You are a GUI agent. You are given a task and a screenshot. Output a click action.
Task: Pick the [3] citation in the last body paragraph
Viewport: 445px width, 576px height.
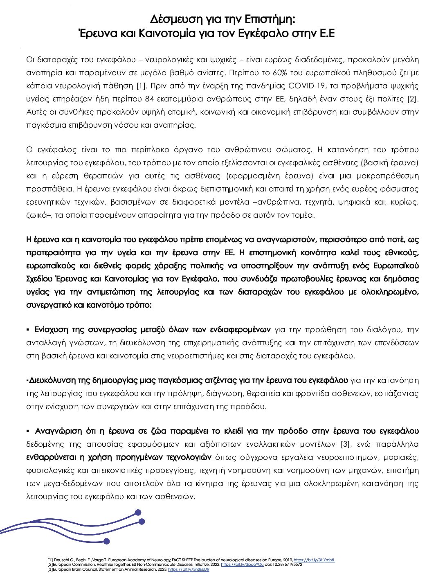[346, 444]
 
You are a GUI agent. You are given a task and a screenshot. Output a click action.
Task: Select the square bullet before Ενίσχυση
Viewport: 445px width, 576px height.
[28, 329]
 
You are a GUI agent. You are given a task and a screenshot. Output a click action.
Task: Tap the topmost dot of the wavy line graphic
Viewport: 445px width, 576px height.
[138, 512]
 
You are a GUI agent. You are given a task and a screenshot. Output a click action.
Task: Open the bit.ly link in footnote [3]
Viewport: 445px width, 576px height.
[189, 569]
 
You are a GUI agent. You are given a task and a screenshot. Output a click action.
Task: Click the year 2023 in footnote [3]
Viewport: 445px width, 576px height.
[162, 569]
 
